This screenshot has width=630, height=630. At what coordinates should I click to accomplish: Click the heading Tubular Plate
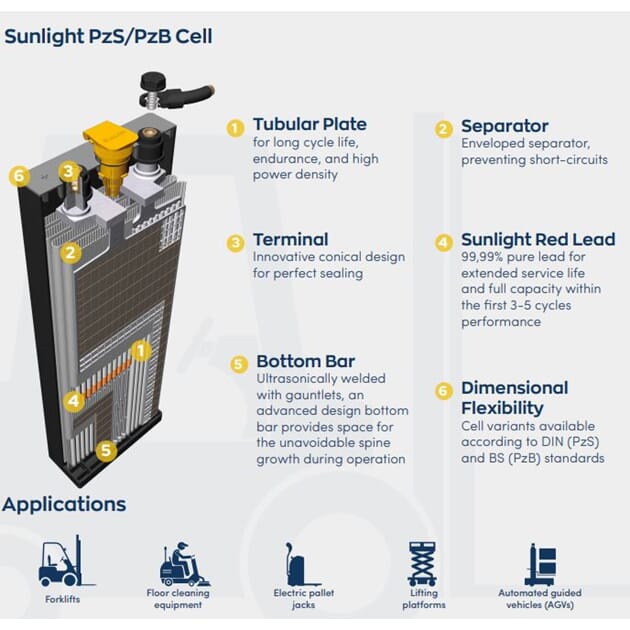pyautogui.click(x=310, y=124)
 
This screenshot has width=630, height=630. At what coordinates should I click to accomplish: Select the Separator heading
pyautogui.click(x=505, y=126)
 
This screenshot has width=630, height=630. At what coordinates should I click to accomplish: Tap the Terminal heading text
pyautogui.click(x=291, y=239)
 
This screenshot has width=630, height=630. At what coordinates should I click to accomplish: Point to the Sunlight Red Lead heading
pyautogui.click(x=538, y=239)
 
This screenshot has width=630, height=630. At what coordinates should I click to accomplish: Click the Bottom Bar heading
pyautogui.click(x=306, y=361)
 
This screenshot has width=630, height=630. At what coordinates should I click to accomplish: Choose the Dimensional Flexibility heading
pyautogui.click(x=515, y=398)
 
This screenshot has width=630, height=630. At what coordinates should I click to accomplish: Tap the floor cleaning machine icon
pyautogui.click(x=184, y=565)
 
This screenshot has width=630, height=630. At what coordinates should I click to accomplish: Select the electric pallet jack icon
pyautogui.click(x=302, y=564)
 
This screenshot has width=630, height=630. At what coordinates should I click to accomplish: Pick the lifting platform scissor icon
pyautogui.click(x=422, y=564)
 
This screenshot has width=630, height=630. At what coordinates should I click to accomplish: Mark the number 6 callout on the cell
pyautogui.click(x=19, y=176)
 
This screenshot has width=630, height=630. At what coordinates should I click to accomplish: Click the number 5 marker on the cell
pyautogui.click(x=106, y=450)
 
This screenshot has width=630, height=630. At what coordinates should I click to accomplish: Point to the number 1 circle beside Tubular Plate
pyautogui.click(x=235, y=129)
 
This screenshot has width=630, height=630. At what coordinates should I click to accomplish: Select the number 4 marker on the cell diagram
pyautogui.click(x=74, y=401)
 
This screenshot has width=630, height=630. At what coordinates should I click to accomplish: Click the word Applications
pyautogui.click(x=64, y=504)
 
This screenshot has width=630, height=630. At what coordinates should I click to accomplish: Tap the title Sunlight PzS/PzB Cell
pyautogui.click(x=108, y=36)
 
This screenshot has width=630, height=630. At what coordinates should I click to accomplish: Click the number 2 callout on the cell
pyautogui.click(x=71, y=253)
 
